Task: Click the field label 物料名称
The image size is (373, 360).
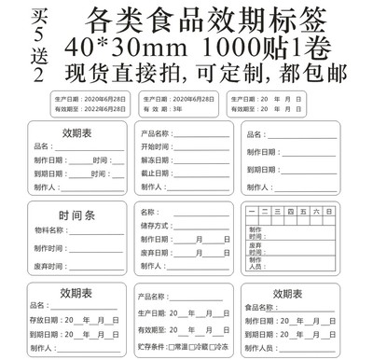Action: click(x=48, y=229)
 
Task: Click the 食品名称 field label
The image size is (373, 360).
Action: click(x=260, y=307)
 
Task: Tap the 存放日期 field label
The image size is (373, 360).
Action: click(x=47, y=320)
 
